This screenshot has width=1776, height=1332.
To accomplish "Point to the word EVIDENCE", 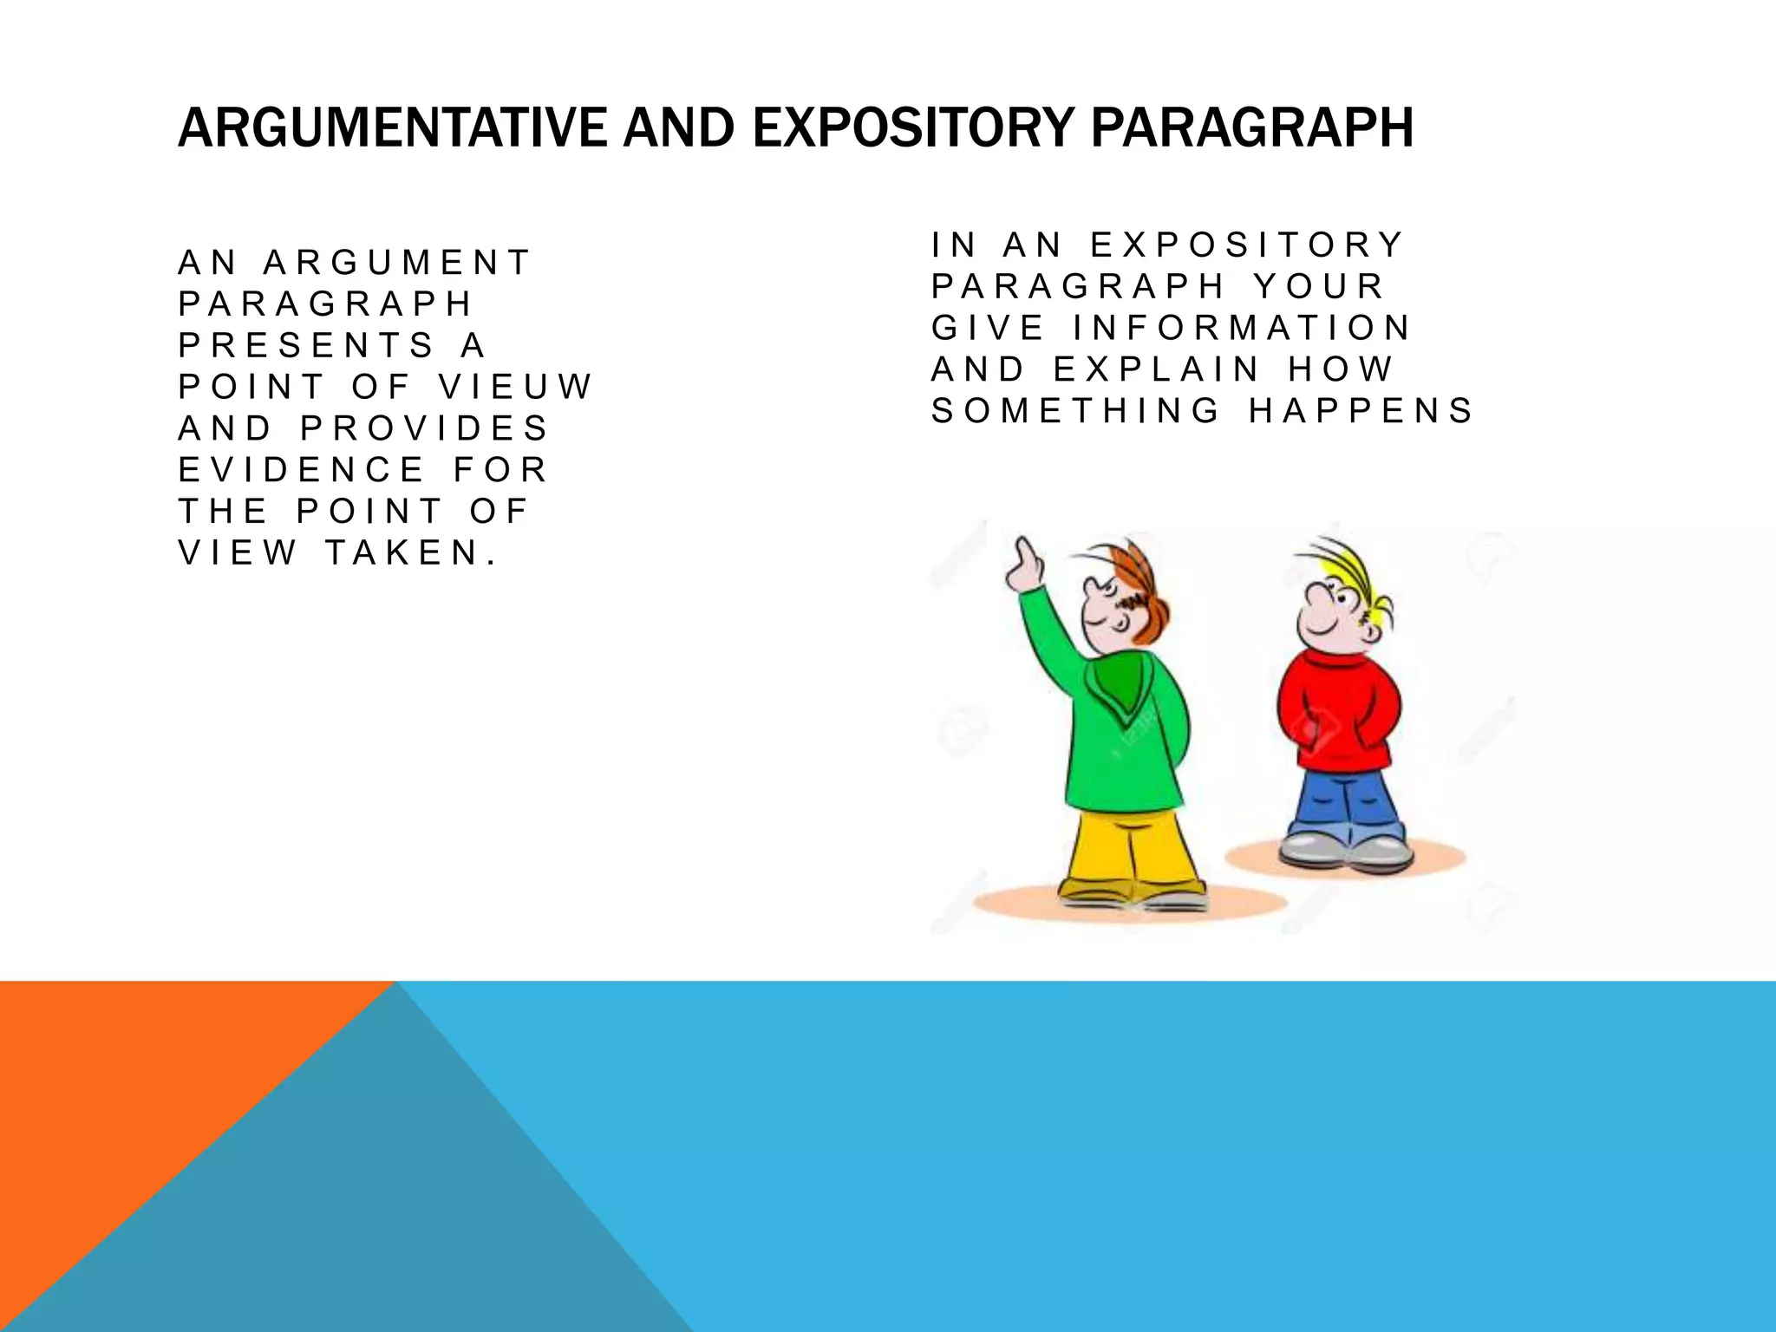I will [301, 470].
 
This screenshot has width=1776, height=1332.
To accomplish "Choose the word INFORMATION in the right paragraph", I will [1242, 328].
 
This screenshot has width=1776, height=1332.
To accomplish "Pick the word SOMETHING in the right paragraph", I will [1075, 411].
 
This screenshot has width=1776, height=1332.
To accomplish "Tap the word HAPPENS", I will [1361, 411].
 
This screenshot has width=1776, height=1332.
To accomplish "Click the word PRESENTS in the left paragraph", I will [306, 345].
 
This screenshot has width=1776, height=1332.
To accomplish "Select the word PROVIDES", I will [425, 428].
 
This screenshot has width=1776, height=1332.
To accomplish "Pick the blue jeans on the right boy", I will [1344, 802].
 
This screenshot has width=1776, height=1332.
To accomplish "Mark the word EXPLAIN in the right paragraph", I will [1156, 369].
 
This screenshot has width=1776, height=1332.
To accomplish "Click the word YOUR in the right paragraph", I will [1318, 286].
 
